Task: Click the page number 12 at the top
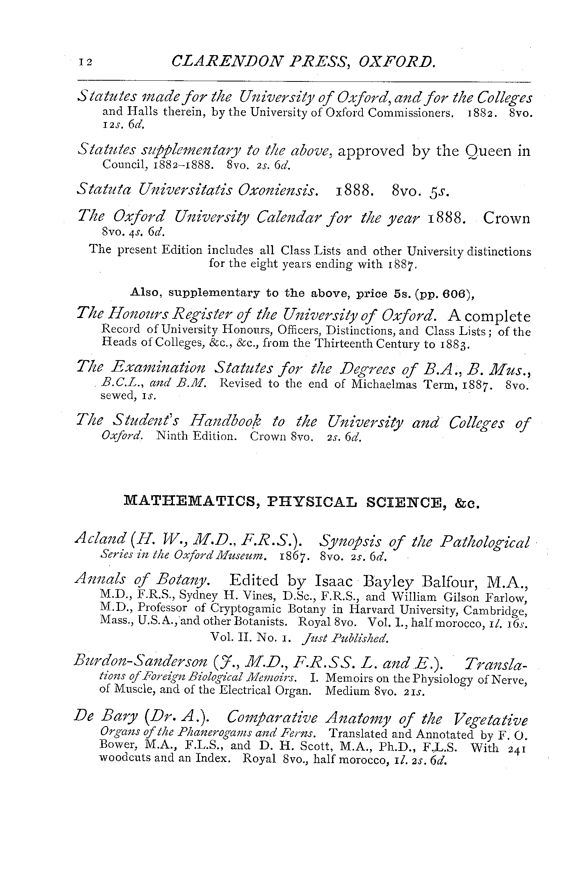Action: (x=85, y=62)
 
